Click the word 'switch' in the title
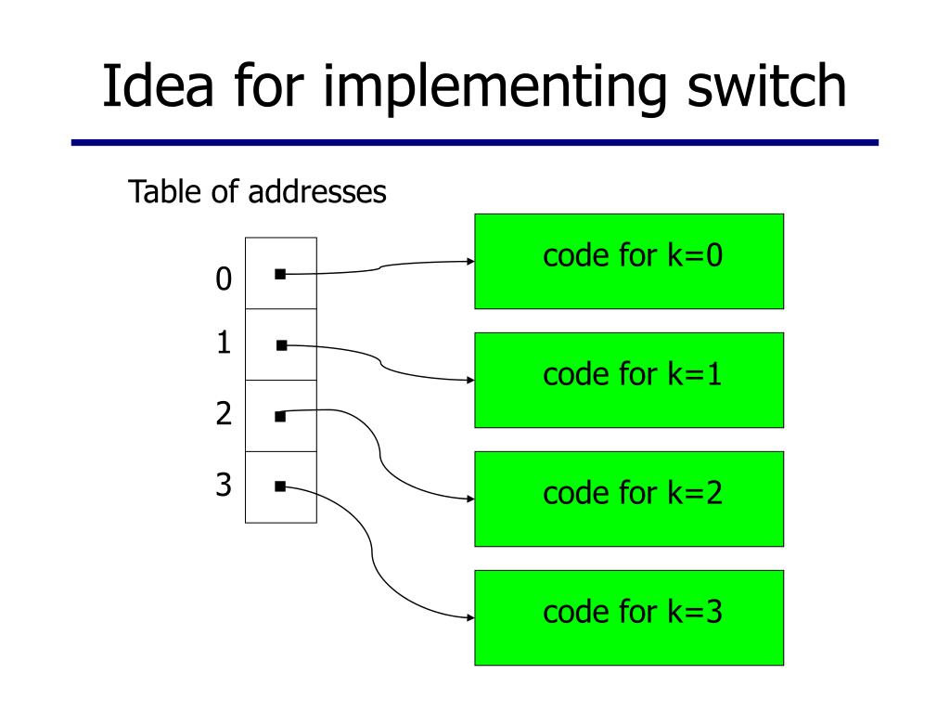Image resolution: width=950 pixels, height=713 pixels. click(x=766, y=85)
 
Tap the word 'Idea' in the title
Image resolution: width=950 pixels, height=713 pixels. click(x=158, y=85)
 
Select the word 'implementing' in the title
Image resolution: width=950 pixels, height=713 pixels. click(x=494, y=88)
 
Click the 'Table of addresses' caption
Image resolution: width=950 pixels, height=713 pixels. click(x=257, y=191)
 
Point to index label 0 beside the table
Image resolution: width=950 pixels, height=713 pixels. click(x=224, y=279)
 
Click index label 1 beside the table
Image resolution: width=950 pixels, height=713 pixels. click(x=224, y=343)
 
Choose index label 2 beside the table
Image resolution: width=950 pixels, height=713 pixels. click(x=224, y=413)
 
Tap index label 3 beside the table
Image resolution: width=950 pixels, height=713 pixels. click(x=224, y=485)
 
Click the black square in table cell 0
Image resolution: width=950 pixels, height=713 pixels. click(x=280, y=274)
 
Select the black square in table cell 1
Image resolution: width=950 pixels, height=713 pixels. click(x=282, y=345)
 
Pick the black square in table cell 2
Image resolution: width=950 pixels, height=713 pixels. click(x=280, y=417)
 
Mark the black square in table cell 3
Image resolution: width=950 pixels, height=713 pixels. click(x=280, y=486)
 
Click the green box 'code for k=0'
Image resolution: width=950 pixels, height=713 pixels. click(x=629, y=261)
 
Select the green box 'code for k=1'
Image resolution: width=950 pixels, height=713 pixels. click(x=629, y=380)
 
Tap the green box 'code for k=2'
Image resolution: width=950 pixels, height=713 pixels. click(x=629, y=499)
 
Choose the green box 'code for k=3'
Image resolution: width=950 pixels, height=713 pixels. click(x=629, y=617)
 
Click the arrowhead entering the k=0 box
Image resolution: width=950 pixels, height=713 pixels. click(x=470, y=261)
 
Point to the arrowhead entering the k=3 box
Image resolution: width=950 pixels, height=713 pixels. click(x=470, y=617)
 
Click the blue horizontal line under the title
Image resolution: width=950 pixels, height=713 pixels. click(x=475, y=142)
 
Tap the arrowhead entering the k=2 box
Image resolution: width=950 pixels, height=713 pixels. click(x=470, y=499)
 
